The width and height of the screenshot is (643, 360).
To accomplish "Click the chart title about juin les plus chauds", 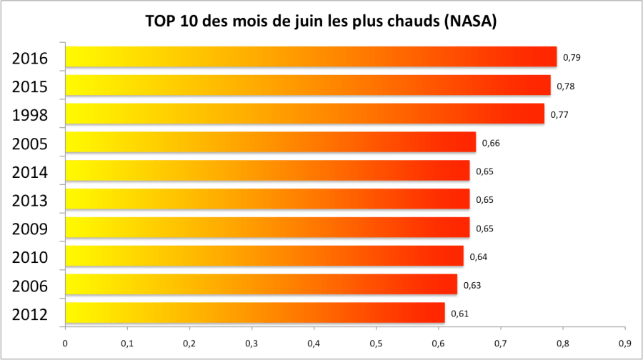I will [321, 22].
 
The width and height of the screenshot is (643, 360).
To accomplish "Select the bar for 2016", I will [311, 57].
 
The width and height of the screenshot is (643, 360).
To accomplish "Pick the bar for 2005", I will [270, 143].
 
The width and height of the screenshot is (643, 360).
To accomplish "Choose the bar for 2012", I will [255, 314].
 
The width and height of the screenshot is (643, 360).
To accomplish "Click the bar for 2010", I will [264, 256].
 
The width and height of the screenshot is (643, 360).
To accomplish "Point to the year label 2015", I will [30, 86].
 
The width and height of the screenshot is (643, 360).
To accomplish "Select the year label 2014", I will [30, 172].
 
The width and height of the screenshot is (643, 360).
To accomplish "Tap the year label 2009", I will [30, 229].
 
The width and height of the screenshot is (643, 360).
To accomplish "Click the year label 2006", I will [30, 286].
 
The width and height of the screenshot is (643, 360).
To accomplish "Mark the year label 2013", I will [30, 201].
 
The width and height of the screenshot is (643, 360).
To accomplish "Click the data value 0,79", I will [572, 57].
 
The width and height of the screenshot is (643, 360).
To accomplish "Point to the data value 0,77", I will [559, 114].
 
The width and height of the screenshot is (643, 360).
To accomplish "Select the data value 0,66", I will [491, 143].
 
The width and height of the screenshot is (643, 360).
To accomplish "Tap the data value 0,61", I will [459, 314].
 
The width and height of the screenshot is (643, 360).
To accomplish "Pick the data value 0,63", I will [472, 285].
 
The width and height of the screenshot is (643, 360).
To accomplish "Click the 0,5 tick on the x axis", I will [376, 344].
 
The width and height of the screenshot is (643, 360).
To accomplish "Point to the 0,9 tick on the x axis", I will [625, 344].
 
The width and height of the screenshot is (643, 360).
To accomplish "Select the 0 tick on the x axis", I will [65, 344].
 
